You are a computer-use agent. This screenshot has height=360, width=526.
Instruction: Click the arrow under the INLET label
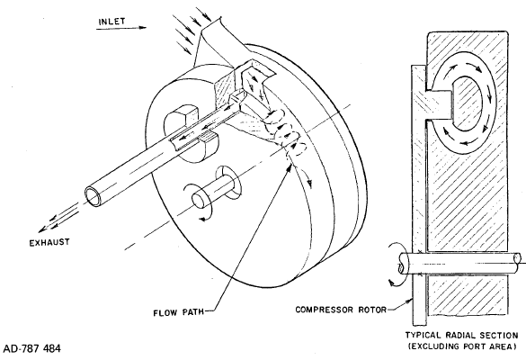click(121, 28)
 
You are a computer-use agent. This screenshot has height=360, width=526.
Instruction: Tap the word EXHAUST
click(49, 242)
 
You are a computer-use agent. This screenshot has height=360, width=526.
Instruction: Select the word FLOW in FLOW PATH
click(165, 313)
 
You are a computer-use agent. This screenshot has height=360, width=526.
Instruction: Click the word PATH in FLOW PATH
click(192, 312)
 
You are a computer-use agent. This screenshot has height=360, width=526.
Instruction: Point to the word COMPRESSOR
click(324, 310)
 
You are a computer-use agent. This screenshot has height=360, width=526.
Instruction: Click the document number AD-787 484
click(32, 348)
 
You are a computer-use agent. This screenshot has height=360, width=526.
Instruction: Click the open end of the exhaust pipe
click(93, 196)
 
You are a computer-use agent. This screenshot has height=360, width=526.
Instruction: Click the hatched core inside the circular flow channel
click(467, 103)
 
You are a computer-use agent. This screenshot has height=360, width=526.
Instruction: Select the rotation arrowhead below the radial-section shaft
click(391, 283)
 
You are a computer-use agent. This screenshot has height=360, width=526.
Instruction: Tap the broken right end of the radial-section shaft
click(518, 259)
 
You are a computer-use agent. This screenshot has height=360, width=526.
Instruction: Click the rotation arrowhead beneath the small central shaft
click(202, 220)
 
